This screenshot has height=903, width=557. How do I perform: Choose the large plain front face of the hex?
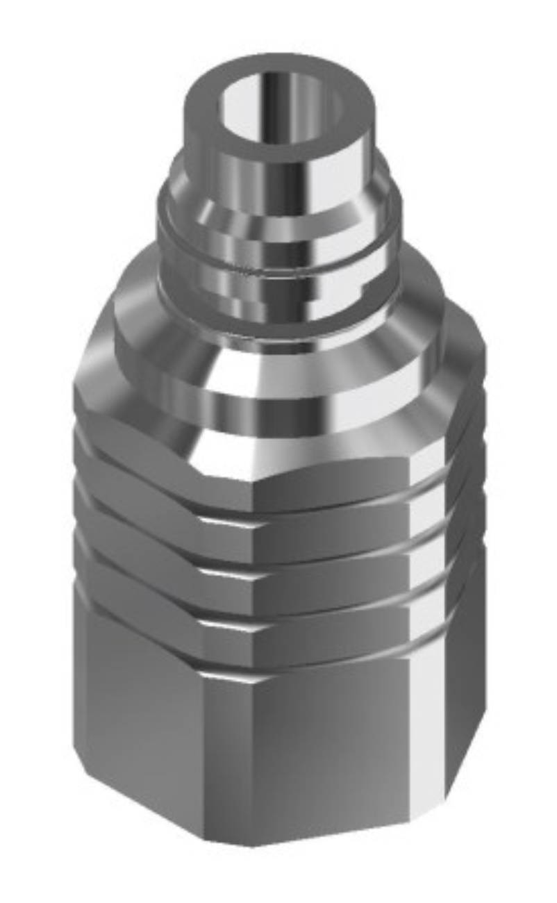click(326, 750)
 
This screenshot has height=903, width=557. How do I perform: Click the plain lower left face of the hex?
click(139, 722)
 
